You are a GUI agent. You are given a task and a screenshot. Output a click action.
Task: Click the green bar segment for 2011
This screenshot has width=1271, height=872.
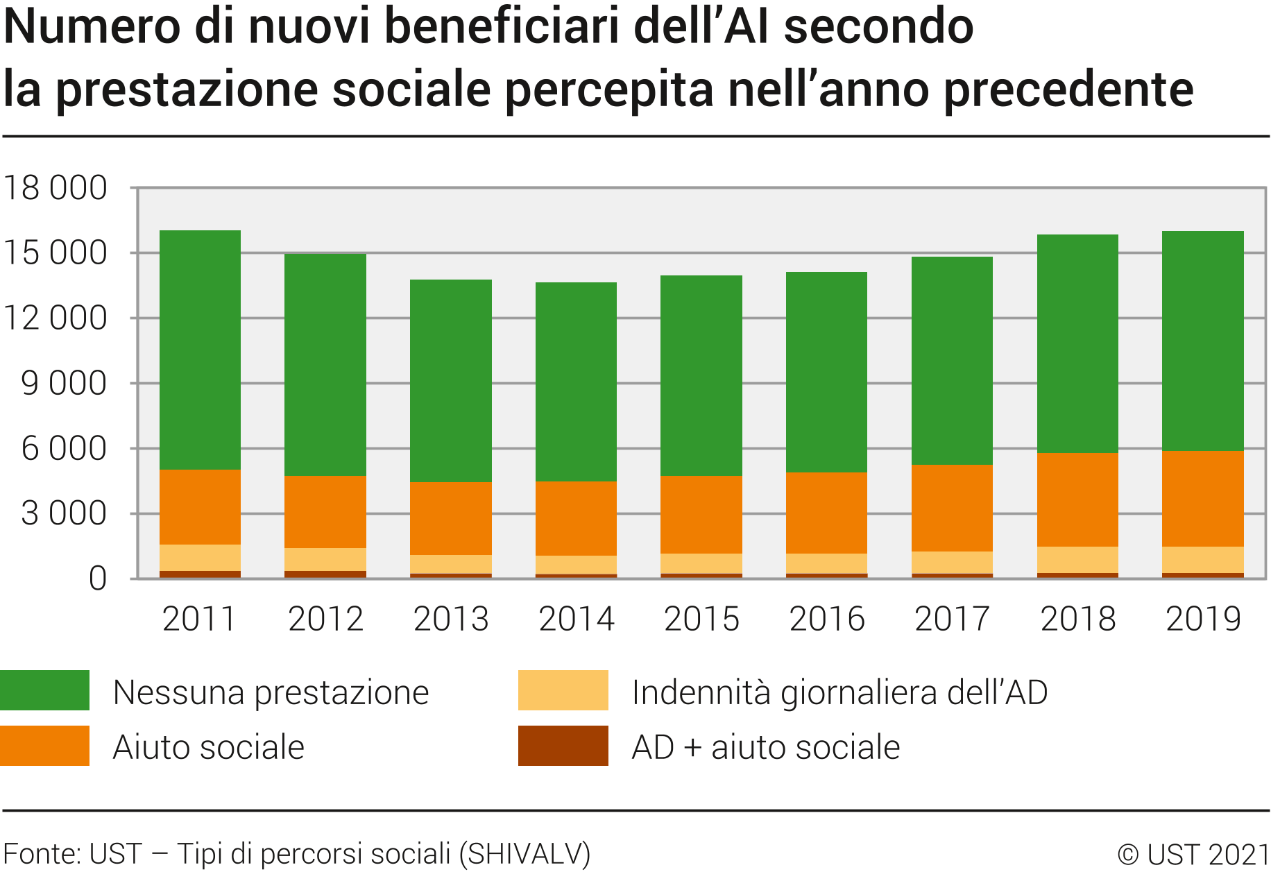[x=200, y=350]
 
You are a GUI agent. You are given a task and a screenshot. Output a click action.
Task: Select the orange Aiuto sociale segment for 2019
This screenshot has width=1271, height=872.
[x=1202, y=499]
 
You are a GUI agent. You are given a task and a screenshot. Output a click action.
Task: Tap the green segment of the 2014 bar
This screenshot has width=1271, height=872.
[x=576, y=382]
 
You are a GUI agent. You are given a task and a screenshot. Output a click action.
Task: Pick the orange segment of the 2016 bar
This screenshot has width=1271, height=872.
[x=826, y=513]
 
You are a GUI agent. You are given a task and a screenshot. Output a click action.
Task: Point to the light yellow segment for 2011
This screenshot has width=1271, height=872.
[x=200, y=558]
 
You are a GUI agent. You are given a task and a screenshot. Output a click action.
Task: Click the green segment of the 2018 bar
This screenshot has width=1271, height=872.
[x=1077, y=343]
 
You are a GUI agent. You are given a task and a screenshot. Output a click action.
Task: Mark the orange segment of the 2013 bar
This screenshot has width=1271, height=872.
[x=451, y=518]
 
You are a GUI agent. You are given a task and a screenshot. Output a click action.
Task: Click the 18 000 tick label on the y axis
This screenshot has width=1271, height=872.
[x=56, y=188]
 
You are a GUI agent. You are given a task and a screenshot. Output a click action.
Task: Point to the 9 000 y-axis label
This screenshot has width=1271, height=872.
[x=65, y=384]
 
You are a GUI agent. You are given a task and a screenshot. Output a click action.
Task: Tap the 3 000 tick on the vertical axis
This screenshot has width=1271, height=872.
[x=65, y=514]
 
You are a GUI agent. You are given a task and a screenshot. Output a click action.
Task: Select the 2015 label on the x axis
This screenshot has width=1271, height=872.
[x=701, y=619]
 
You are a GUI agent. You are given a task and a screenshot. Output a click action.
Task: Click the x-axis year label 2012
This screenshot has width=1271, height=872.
[x=325, y=619]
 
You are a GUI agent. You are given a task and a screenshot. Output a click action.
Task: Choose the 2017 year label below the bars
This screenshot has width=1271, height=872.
[x=952, y=619]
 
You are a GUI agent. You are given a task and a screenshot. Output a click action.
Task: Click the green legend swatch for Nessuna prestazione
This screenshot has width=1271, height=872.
[x=45, y=690]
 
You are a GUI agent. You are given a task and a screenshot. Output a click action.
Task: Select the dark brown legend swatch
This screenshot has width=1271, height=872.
[x=563, y=746]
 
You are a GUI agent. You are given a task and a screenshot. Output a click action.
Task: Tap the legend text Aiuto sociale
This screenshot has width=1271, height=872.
[x=208, y=747]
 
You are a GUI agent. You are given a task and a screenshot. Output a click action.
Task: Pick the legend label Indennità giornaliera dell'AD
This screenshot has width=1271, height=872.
[x=839, y=692]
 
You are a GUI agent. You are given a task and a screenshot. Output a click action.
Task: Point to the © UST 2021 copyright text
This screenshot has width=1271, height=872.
[x=1193, y=855]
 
